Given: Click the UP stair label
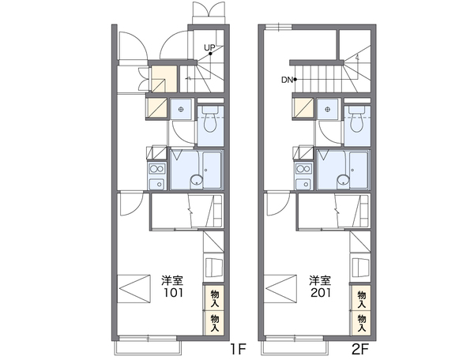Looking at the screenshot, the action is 209,47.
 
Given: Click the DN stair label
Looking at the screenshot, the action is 287,80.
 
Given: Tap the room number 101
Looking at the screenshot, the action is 173,292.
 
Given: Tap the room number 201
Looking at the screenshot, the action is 320,292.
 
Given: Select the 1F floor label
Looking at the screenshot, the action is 239,349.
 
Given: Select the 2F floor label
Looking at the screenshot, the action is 360,349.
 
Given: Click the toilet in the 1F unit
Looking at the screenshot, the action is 210,118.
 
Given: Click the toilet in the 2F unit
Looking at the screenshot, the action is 357,118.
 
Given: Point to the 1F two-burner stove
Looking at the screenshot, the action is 156,168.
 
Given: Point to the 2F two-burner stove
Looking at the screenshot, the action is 304,168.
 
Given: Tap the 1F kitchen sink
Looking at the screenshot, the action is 156,184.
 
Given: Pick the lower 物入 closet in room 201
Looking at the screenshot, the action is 361,323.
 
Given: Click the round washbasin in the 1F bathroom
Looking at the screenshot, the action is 196,180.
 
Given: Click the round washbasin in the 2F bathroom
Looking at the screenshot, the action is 343,180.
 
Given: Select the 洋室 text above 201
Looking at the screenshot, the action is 320,280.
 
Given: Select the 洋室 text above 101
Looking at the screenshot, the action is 172,280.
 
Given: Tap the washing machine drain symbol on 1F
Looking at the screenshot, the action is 181,109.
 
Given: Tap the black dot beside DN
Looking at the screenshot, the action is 295,80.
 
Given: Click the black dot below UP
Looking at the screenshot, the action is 210,54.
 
